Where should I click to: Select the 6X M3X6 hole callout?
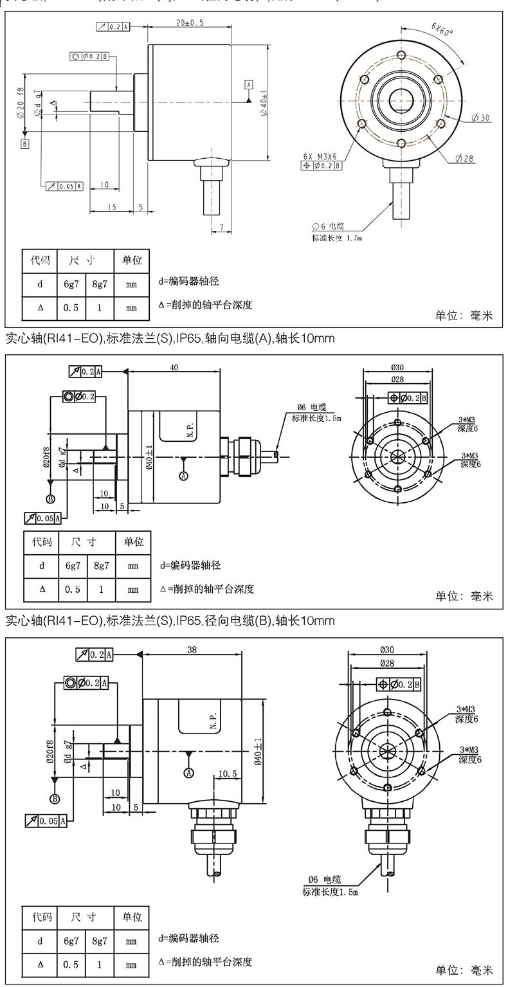click(322, 155)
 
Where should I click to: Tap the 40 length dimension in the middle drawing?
click(174, 367)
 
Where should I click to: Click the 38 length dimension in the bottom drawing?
click(192, 649)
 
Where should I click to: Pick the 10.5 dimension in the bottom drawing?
click(228, 774)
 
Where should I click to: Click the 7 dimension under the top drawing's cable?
click(221, 227)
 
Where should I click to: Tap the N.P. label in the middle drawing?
click(191, 429)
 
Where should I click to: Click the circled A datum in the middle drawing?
click(184, 476)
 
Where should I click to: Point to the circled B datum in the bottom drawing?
click(55, 799)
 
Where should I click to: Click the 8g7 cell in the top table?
click(100, 284)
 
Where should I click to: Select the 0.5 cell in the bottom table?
click(71, 964)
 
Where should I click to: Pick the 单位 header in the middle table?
click(133, 541)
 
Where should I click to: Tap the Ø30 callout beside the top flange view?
click(480, 118)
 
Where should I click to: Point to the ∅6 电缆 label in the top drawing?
click(328, 226)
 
